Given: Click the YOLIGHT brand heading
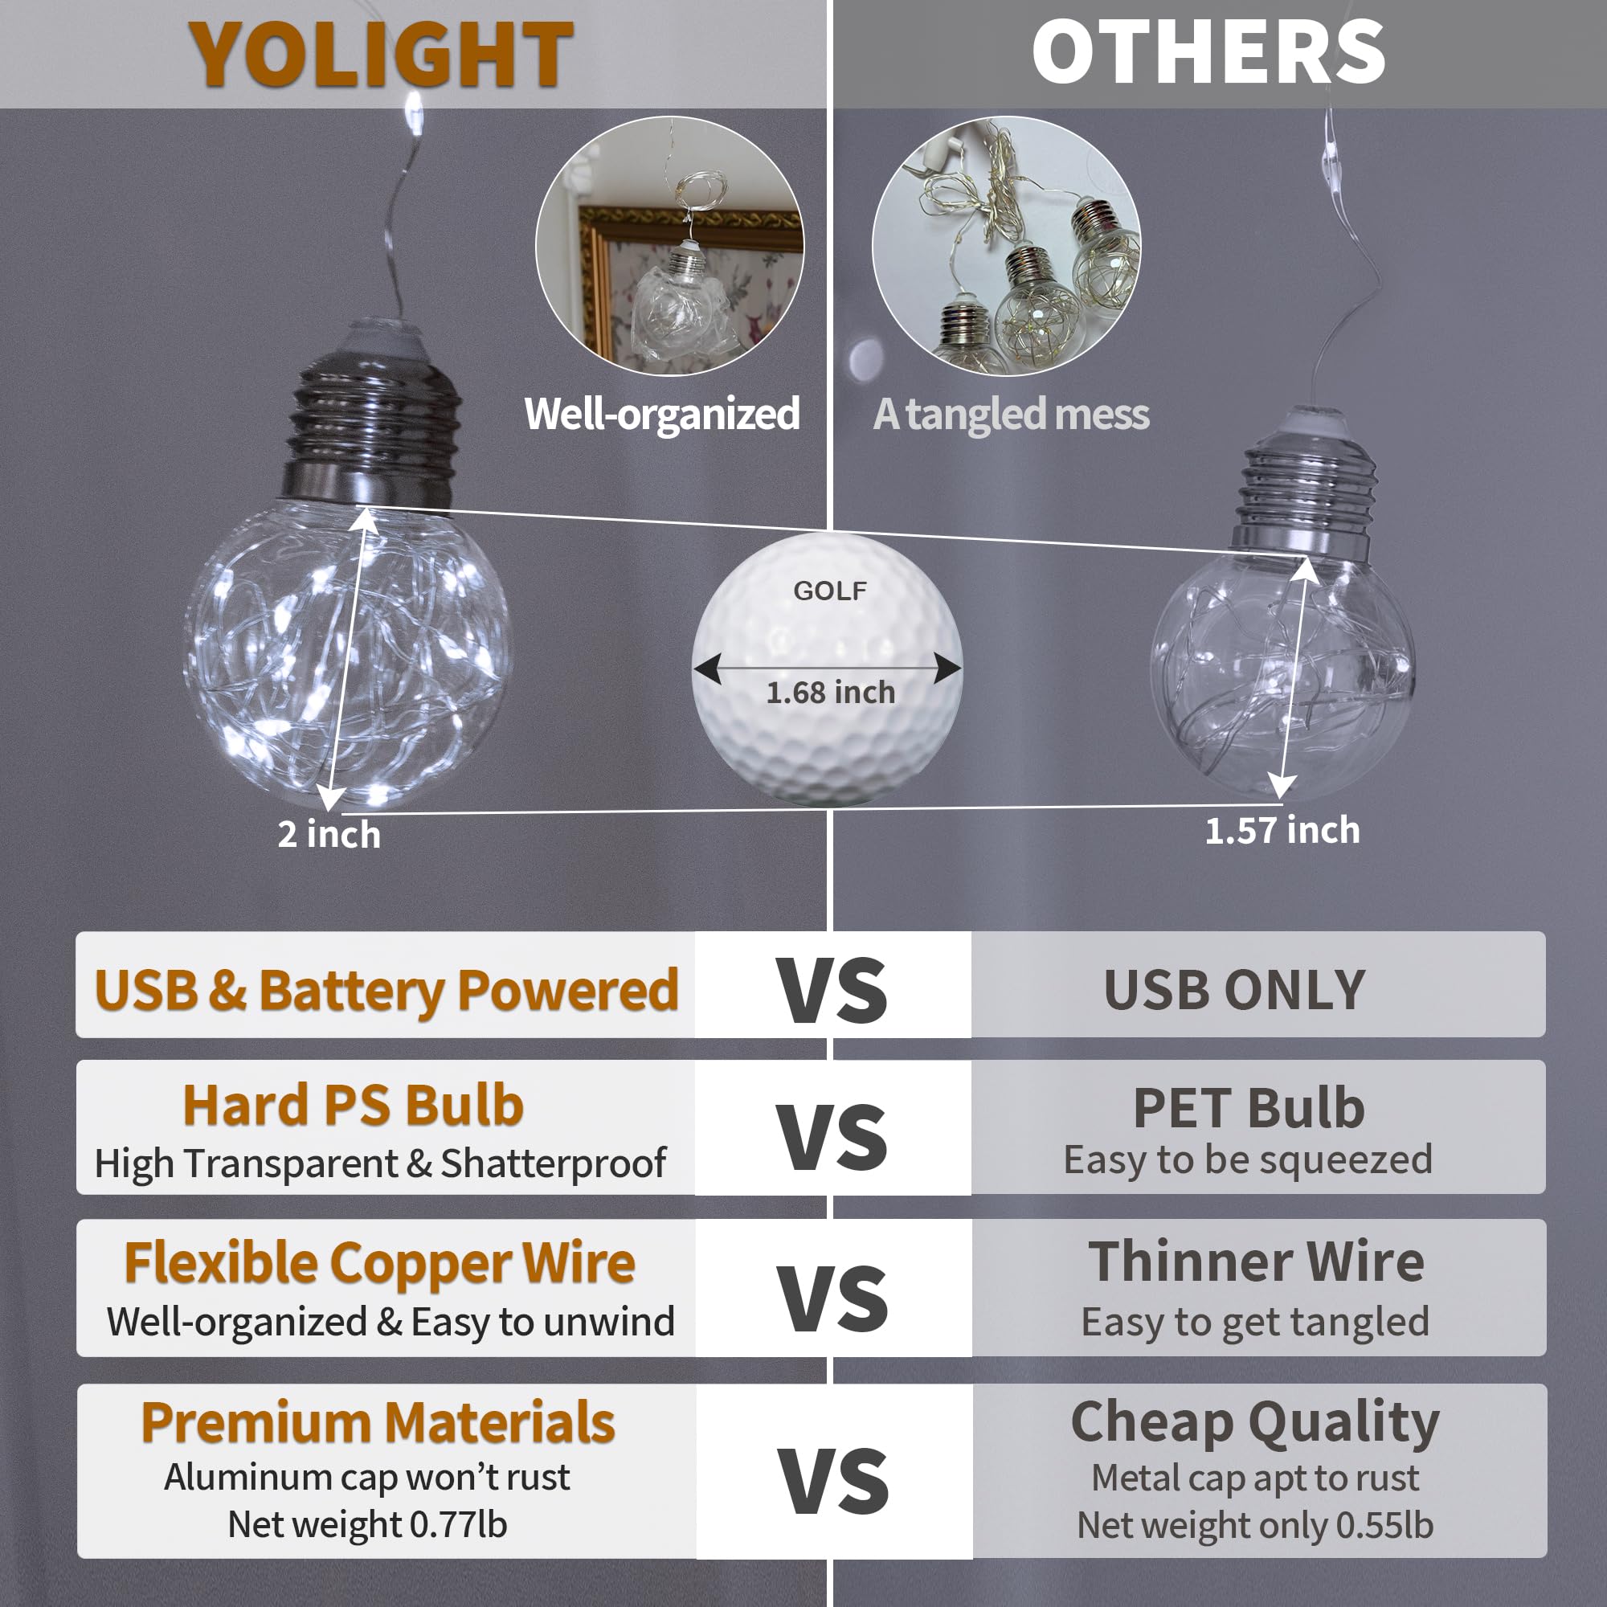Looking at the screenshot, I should coord(381,54).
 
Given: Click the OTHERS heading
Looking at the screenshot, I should coord(1208,52).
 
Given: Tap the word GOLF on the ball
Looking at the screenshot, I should coord(829,591).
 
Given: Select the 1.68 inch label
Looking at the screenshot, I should coord(830,692).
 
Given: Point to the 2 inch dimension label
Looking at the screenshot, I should coord(329,834).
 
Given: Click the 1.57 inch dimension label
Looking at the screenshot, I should coord(1282,830).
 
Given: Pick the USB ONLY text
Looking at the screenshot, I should coord(1234,990).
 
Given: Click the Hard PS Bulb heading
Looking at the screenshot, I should coord(353,1106).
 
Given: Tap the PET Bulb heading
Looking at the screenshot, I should coord(1249,1108).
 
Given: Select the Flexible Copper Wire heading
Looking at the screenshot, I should coord(379,1262).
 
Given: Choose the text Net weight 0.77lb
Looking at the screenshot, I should coord(367,1525).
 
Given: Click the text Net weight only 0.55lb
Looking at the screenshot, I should coord(1255,1526).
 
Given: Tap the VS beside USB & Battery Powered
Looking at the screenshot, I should coord(832,990).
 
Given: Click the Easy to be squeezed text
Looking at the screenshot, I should coord(1248,1159).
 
